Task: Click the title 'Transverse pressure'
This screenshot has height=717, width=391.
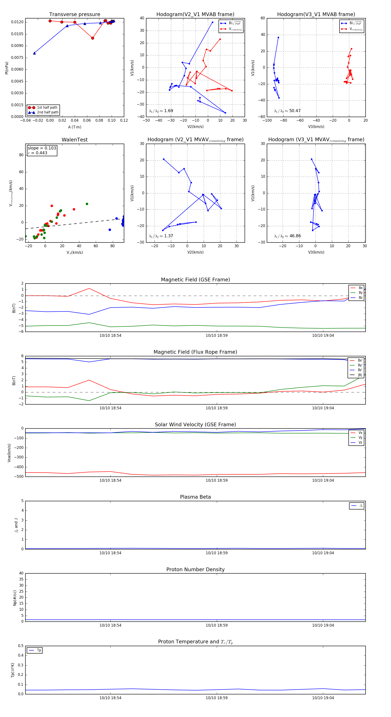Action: click(x=75, y=15)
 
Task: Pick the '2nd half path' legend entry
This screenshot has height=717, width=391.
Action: click(x=48, y=113)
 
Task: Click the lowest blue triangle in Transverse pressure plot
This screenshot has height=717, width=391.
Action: click(x=35, y=53)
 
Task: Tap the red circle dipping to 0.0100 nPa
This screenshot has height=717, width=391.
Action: click(x=93, y=38)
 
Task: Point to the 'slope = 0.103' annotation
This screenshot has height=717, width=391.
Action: click(x=42, y=148)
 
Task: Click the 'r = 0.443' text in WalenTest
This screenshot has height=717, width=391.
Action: click(x=38, y=153)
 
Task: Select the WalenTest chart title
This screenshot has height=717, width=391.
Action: click(x=75, y=140)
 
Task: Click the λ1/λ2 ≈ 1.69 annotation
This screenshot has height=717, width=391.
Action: click(x=161, y=111)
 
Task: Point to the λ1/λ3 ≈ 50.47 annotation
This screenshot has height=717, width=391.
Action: click(x=287, y=111)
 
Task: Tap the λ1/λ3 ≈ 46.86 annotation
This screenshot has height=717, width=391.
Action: click(x=287, y=236)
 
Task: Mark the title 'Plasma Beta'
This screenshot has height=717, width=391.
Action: click(x=195, y=497)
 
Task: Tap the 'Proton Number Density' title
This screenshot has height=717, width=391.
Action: click(x=195, y=569)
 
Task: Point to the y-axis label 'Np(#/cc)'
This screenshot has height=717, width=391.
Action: click(x=15, y=598)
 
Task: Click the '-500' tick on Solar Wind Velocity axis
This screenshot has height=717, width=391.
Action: click(x=20, y=476)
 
